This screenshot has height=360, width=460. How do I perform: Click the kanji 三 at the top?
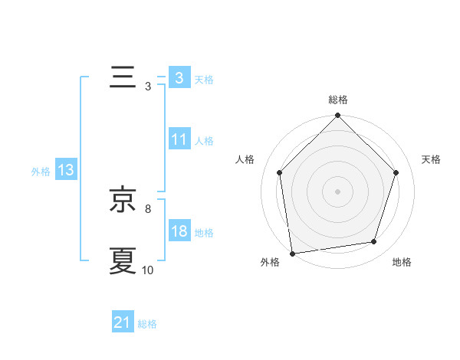pos(123,78)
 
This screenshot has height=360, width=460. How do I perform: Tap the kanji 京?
pos(123,200)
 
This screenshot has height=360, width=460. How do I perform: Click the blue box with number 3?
pos(179,78)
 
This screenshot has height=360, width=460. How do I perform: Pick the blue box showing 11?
pos(179,139)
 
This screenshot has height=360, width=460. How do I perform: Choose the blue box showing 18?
pos(179,231)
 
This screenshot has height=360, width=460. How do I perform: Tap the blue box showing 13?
pos(66,170)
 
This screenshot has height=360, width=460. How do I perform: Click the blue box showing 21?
pos(123,322)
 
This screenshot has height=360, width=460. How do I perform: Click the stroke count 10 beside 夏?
pos(148,270)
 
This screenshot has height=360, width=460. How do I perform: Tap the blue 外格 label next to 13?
pos(41,172)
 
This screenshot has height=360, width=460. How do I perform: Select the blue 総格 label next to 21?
pos(147,324)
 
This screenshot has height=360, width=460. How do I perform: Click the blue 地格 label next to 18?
pos(204,233)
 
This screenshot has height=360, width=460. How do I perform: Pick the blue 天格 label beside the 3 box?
pos(204,80)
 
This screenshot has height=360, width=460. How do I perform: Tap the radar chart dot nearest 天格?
pos(396,172)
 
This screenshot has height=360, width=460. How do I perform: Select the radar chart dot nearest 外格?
pos(292,253)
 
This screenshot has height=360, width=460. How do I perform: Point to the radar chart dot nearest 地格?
pos(374,241)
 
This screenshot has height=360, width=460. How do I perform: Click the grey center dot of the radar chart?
pos(338,191)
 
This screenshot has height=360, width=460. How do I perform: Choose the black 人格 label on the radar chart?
pos(245,159)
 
